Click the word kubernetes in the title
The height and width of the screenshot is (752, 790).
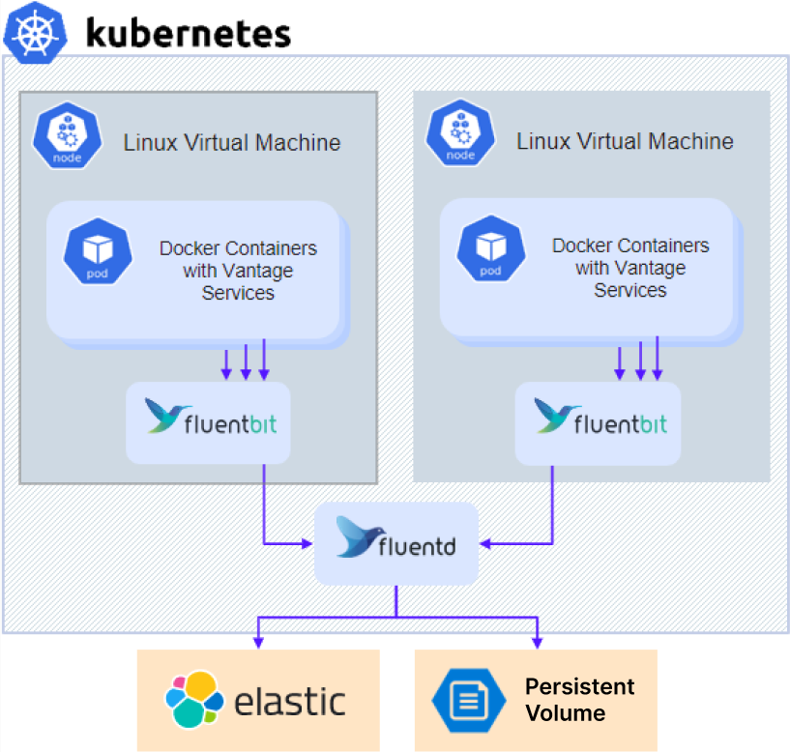(188, 33)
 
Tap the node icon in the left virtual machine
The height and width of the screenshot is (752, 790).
(67, 136)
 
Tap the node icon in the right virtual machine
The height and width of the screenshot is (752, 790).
(460, 135)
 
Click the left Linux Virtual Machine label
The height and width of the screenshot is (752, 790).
(232, 143)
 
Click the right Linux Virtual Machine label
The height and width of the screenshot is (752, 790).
(625, 141)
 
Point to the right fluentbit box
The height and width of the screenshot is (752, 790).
(598, 421)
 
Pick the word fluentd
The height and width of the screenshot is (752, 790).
(417, 545)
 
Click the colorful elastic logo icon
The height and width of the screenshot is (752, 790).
(194, 699)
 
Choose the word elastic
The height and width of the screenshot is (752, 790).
(290, 700)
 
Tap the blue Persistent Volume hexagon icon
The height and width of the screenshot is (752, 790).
(468, 699)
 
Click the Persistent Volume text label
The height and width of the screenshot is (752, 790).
(578, 700)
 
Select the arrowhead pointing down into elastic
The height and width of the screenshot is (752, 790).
(257, 641)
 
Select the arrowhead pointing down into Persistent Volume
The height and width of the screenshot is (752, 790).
(537, 641)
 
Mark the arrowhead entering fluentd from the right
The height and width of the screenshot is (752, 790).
(485, 543)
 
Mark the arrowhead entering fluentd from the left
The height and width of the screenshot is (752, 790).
(307, 543)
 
